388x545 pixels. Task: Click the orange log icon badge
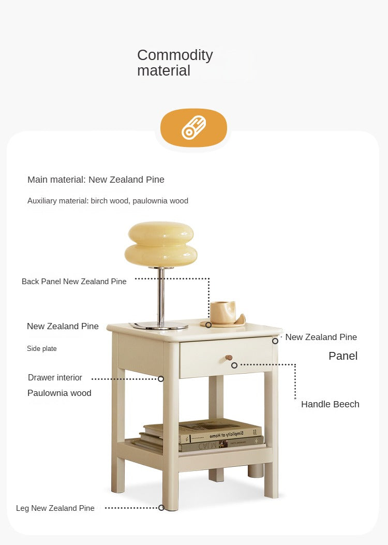point(193,127)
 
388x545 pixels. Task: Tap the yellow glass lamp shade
point(161,244)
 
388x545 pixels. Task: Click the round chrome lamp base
point(160,326)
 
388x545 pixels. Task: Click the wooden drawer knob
point(229,357)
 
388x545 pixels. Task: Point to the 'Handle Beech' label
point(330,404)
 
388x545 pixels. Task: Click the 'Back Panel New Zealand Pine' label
point(74,282)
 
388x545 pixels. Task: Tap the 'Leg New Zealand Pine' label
point(55,508)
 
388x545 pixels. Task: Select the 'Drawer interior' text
point(55,377)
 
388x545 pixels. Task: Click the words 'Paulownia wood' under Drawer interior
point(59,393)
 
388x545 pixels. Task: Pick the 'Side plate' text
point(42,349)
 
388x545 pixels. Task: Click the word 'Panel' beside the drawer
point(343,356)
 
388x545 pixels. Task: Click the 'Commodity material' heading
point(175,63)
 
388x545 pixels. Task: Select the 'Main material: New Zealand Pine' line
point(96,180)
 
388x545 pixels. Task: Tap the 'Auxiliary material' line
point(108,201)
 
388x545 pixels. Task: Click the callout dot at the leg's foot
point(161,508)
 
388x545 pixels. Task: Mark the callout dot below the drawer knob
point(234,365)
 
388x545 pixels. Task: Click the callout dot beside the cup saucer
point(208,325)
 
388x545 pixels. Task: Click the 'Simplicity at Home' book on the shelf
point(220,432)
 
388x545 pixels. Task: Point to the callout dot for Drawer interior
point(161,378)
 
